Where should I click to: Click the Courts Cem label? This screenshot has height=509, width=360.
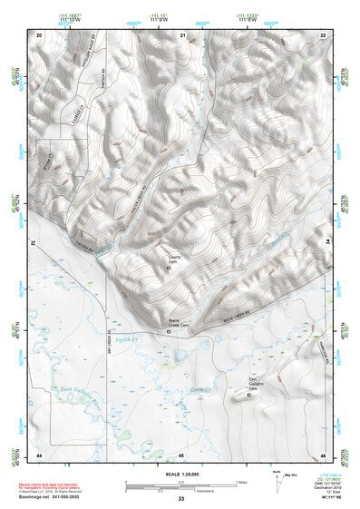(x=177, y=259)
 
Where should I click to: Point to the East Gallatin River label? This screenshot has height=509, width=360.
(x=82, y=391)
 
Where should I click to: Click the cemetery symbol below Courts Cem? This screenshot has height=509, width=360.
(x=176, y=269)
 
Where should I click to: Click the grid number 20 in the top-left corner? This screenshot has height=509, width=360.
(x=39, y=34)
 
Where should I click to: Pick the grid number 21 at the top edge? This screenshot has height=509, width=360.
(x=182, y=34)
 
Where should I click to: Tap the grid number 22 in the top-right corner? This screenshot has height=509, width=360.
(x=323, y=34)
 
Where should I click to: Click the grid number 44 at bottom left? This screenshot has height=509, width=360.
(x=39, y=454)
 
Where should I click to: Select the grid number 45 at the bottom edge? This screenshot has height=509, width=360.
(x=181, y=454)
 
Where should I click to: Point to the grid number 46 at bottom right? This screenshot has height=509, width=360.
(x=323, y=454)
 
